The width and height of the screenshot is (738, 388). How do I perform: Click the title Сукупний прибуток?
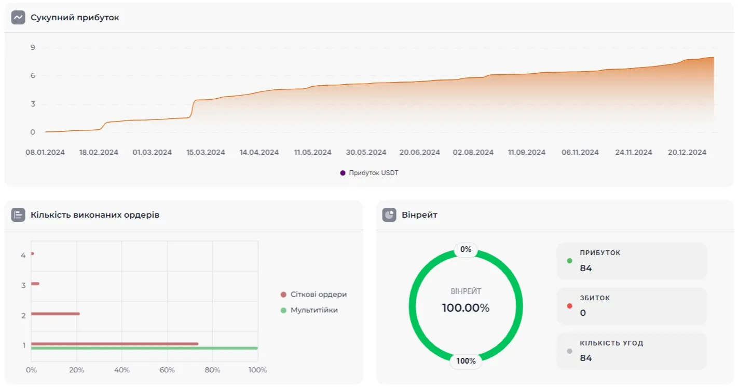pos(75,18)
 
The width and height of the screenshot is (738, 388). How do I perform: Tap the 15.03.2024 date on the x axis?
pos(206,152)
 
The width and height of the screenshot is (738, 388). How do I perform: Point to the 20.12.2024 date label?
pos(687,152)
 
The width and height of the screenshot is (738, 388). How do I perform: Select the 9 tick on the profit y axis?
pos(33,48)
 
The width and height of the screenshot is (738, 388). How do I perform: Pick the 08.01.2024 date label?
pos(45,152)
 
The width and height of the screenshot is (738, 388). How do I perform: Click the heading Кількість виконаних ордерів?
pos(94,215)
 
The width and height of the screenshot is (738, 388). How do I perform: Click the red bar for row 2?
pos(55,314)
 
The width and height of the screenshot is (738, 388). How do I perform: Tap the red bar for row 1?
pos(114,343)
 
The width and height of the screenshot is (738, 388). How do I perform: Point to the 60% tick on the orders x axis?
pos(167,370)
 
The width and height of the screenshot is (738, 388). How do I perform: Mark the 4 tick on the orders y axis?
pos(23,255)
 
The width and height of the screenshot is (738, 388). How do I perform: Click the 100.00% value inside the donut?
pos(466,308)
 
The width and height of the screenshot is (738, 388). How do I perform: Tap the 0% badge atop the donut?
pos(466,250)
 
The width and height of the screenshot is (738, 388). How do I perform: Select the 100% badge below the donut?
pos(466,361)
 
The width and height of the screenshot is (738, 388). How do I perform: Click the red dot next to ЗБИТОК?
pos(570,306)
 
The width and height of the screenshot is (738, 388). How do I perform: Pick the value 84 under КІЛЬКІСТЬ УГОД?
pos(586,358)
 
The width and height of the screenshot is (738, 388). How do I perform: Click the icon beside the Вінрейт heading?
pos(389,215)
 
